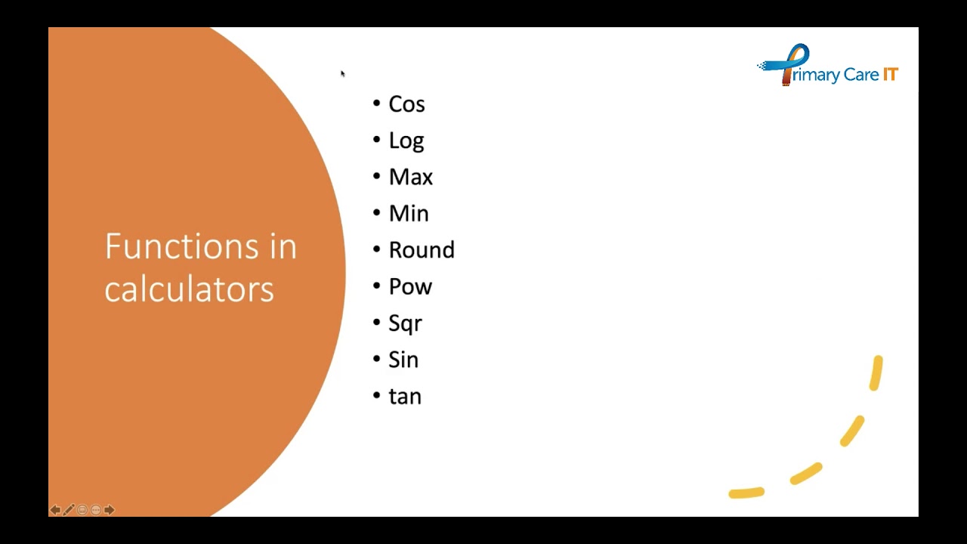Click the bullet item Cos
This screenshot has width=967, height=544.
click(x=406, y=104)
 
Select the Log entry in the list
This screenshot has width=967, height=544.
click(x=406, y=141)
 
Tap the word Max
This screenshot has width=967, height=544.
click(x=410, y=178)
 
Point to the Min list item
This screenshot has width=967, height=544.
click(x=409, y=214)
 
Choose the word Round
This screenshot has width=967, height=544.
click(x=422, y=250)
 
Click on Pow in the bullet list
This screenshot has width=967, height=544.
click(x=410, y=287)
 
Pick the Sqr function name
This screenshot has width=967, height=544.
click(x=405, y=323)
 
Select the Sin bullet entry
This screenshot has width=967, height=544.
click(x=403, y=360)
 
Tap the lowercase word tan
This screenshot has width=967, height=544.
click(x=405, y=397)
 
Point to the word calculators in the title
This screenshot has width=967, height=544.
click(x=189, y=289)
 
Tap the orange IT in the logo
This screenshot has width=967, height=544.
click(x=890, y=75)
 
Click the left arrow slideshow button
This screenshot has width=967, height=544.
click(x=55, y=510)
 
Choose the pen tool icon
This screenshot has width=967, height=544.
click(x=69, y=510)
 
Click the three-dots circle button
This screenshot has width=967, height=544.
click(x=96, y=510)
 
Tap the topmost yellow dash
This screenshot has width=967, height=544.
click(x=876, y=373)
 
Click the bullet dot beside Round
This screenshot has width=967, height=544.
click(x=377, y=250)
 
